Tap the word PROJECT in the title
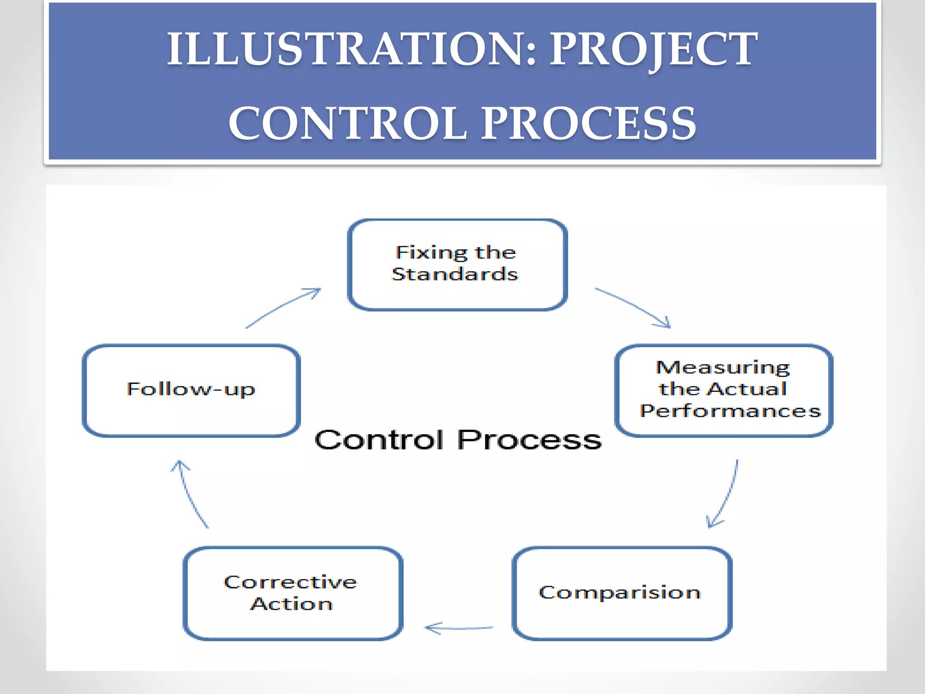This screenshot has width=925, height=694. (x=654, y=49)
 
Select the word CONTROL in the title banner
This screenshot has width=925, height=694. (x=348, y=123)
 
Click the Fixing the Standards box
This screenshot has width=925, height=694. (x=457, y=265)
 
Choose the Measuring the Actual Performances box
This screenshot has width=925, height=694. (x=724, y=390)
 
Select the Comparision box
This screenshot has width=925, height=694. (x=621, y=593)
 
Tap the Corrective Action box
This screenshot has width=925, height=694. (x=293, y=593)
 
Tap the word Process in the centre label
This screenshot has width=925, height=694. (x=529, y=440)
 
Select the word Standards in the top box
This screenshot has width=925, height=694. (x=455, y=274)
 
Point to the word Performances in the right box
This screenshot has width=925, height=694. (x=730, y=411)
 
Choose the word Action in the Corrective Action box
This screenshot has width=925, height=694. (x=292, y=604)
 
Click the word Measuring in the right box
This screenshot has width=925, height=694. (x=723, y=368)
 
